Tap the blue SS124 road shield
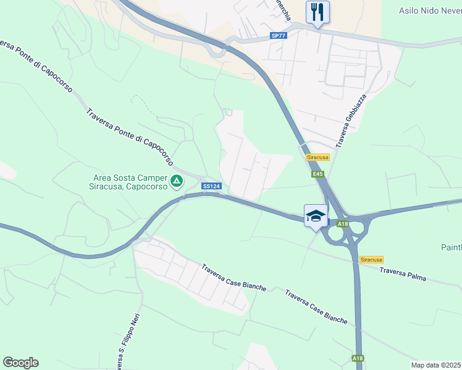211,186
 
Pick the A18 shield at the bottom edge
358,358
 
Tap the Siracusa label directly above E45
318,157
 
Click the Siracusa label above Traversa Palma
371,260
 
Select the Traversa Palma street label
403,274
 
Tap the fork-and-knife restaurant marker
317,12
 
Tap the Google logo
20,363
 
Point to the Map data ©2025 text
436,365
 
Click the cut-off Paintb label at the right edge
451,248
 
